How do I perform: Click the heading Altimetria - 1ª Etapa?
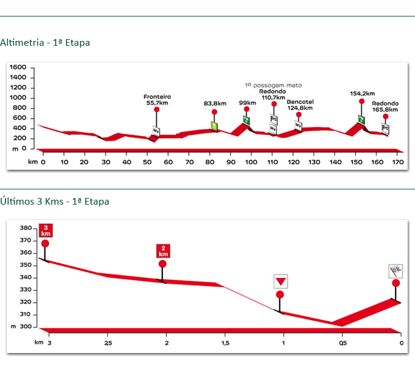45,43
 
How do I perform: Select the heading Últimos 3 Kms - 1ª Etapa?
55,201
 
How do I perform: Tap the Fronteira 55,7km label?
157,100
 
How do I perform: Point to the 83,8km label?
214,104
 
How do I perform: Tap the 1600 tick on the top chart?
18,67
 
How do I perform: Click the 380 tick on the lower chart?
25,228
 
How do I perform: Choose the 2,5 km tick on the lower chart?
107,343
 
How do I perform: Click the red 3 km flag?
45,230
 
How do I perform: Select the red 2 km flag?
163,250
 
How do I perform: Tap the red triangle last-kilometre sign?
280,282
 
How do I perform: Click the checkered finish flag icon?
395,271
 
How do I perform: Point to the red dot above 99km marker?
247,109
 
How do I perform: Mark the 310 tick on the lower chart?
25,315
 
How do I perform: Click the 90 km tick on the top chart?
231,163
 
